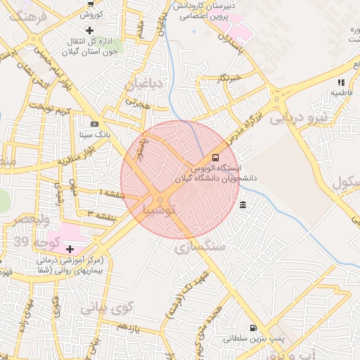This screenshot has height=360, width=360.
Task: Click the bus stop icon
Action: click(x=215, y=157)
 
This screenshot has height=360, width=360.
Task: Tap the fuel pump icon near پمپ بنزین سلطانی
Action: click(x=252, y=328)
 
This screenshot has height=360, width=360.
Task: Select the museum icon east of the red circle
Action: click(x=243, y=205)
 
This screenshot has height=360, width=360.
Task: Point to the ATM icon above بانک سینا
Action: click(x=94, y=123)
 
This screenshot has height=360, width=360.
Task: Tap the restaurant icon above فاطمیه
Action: click(x=340, y=82)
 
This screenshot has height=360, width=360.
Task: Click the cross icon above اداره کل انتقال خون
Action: click(x=89, y=30)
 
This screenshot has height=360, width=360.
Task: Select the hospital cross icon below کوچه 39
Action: click(x=70, y=249)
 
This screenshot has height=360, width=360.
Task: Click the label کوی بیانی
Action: click(x=106, y=307)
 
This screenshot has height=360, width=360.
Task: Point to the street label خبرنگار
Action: click(x=229, y=77)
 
